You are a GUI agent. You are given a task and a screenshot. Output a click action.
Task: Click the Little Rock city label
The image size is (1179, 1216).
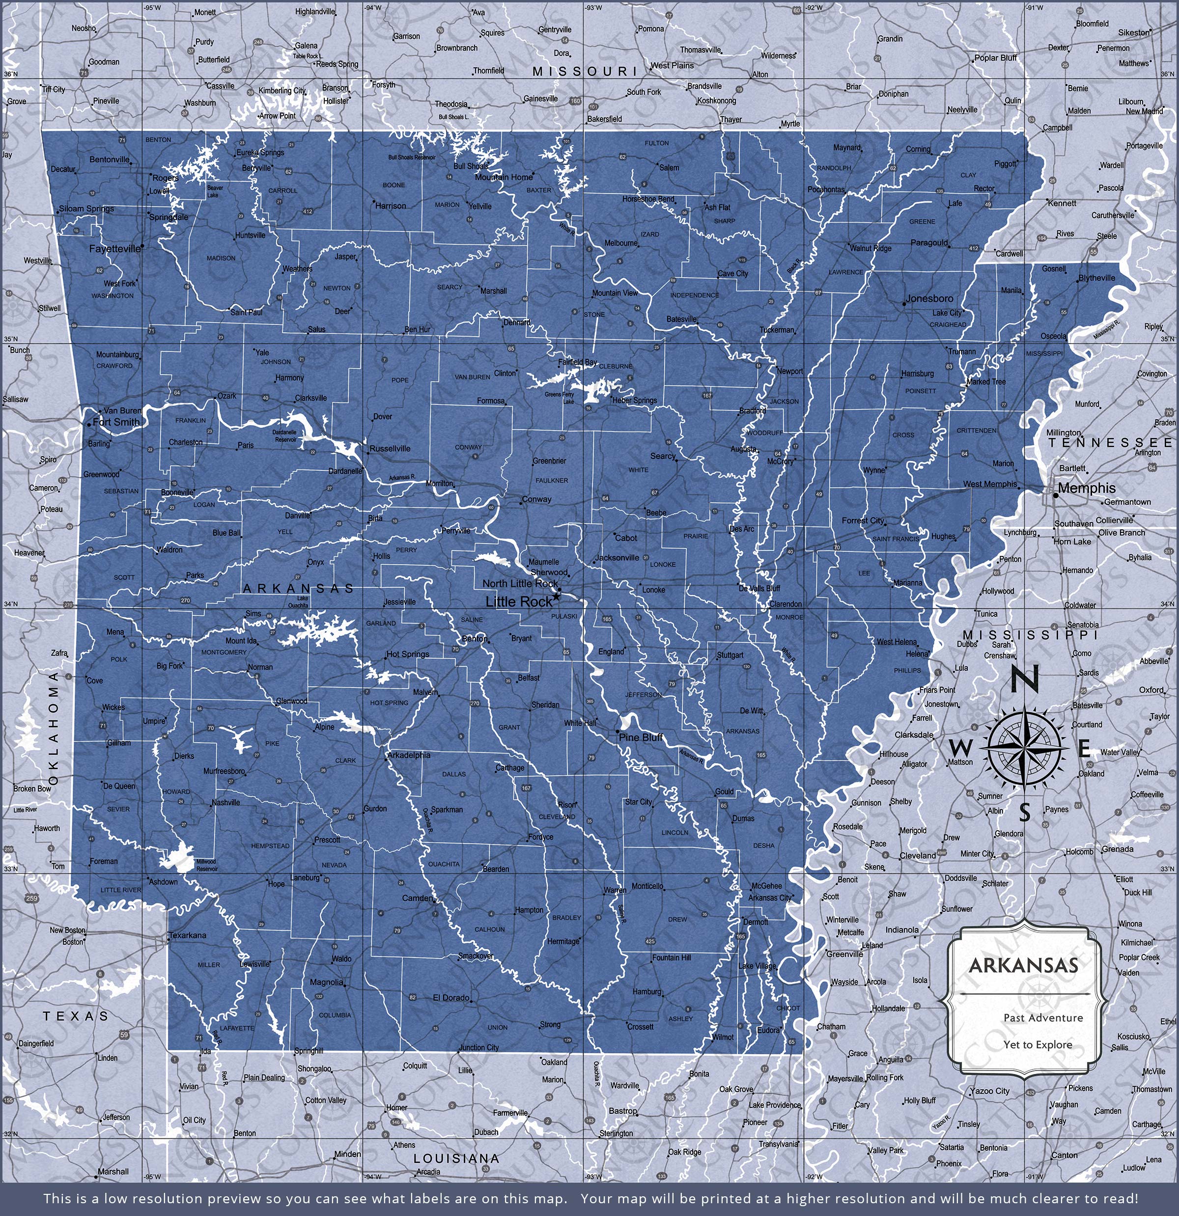[x=518, y=601]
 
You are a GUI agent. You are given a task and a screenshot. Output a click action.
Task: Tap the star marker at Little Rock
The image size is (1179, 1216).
[x=556, y=596]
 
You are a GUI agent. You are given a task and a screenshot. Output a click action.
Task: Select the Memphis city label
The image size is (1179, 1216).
[x=1086, y=488]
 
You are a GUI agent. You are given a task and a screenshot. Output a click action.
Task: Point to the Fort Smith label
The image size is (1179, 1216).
[x=116, y=422]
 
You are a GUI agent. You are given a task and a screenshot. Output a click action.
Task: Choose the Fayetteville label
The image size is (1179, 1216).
[x=115, y=248]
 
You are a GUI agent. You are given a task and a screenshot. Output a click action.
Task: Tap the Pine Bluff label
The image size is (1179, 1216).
[x=641, y=737]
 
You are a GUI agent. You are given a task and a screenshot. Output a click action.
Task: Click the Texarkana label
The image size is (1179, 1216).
[x=188, y=935]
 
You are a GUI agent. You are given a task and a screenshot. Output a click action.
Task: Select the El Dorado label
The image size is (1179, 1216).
[x=451, y=998]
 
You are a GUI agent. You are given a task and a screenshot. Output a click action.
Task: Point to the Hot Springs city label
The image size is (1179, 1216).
[x=407, y=654]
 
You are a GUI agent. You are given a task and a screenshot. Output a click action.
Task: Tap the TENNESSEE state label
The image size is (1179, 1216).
[x=1110, y=442]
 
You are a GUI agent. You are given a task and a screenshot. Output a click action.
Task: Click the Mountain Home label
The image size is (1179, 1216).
[x=504, y=177]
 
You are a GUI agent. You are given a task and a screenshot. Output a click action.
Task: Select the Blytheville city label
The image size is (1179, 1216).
[x=1096, y=278]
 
